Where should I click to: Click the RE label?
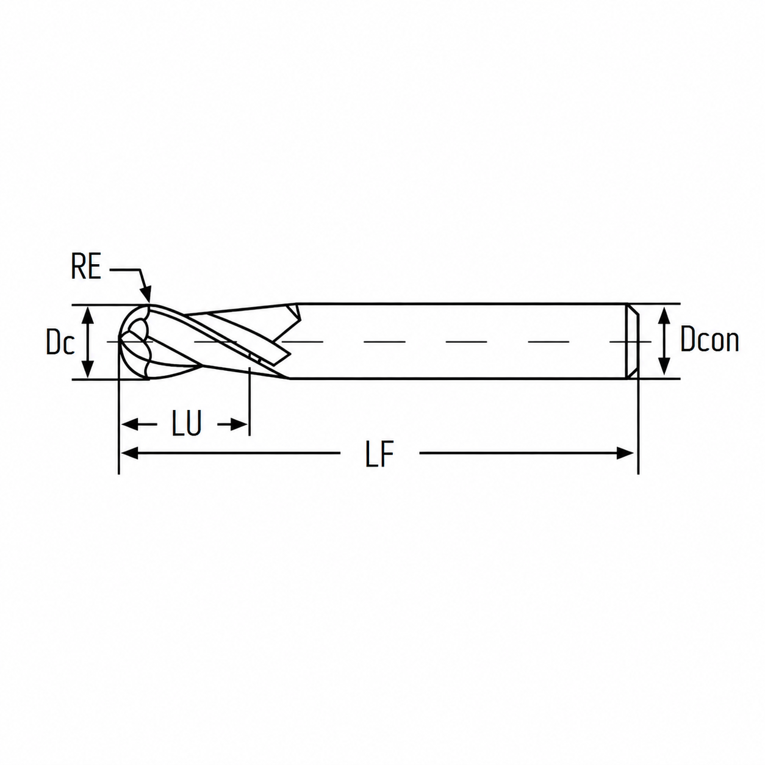[x=86, y=266]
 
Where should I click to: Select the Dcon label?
[x=709, y=339]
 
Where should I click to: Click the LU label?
[x=187, y=423]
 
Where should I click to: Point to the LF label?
[x=379, y=453]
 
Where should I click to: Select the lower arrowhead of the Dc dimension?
[x=89, y=368]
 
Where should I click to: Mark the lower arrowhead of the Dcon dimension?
[x=664, y=367]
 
